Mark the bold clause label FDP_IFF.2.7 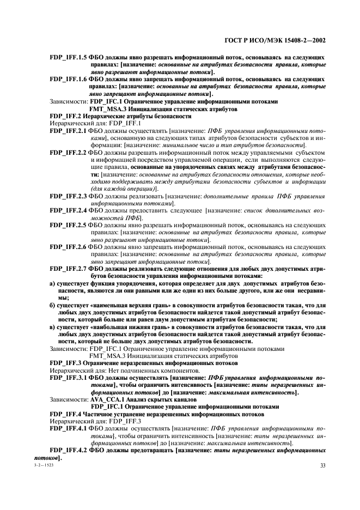click(x=68, y=268)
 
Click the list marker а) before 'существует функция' click(x=52, y=284)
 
